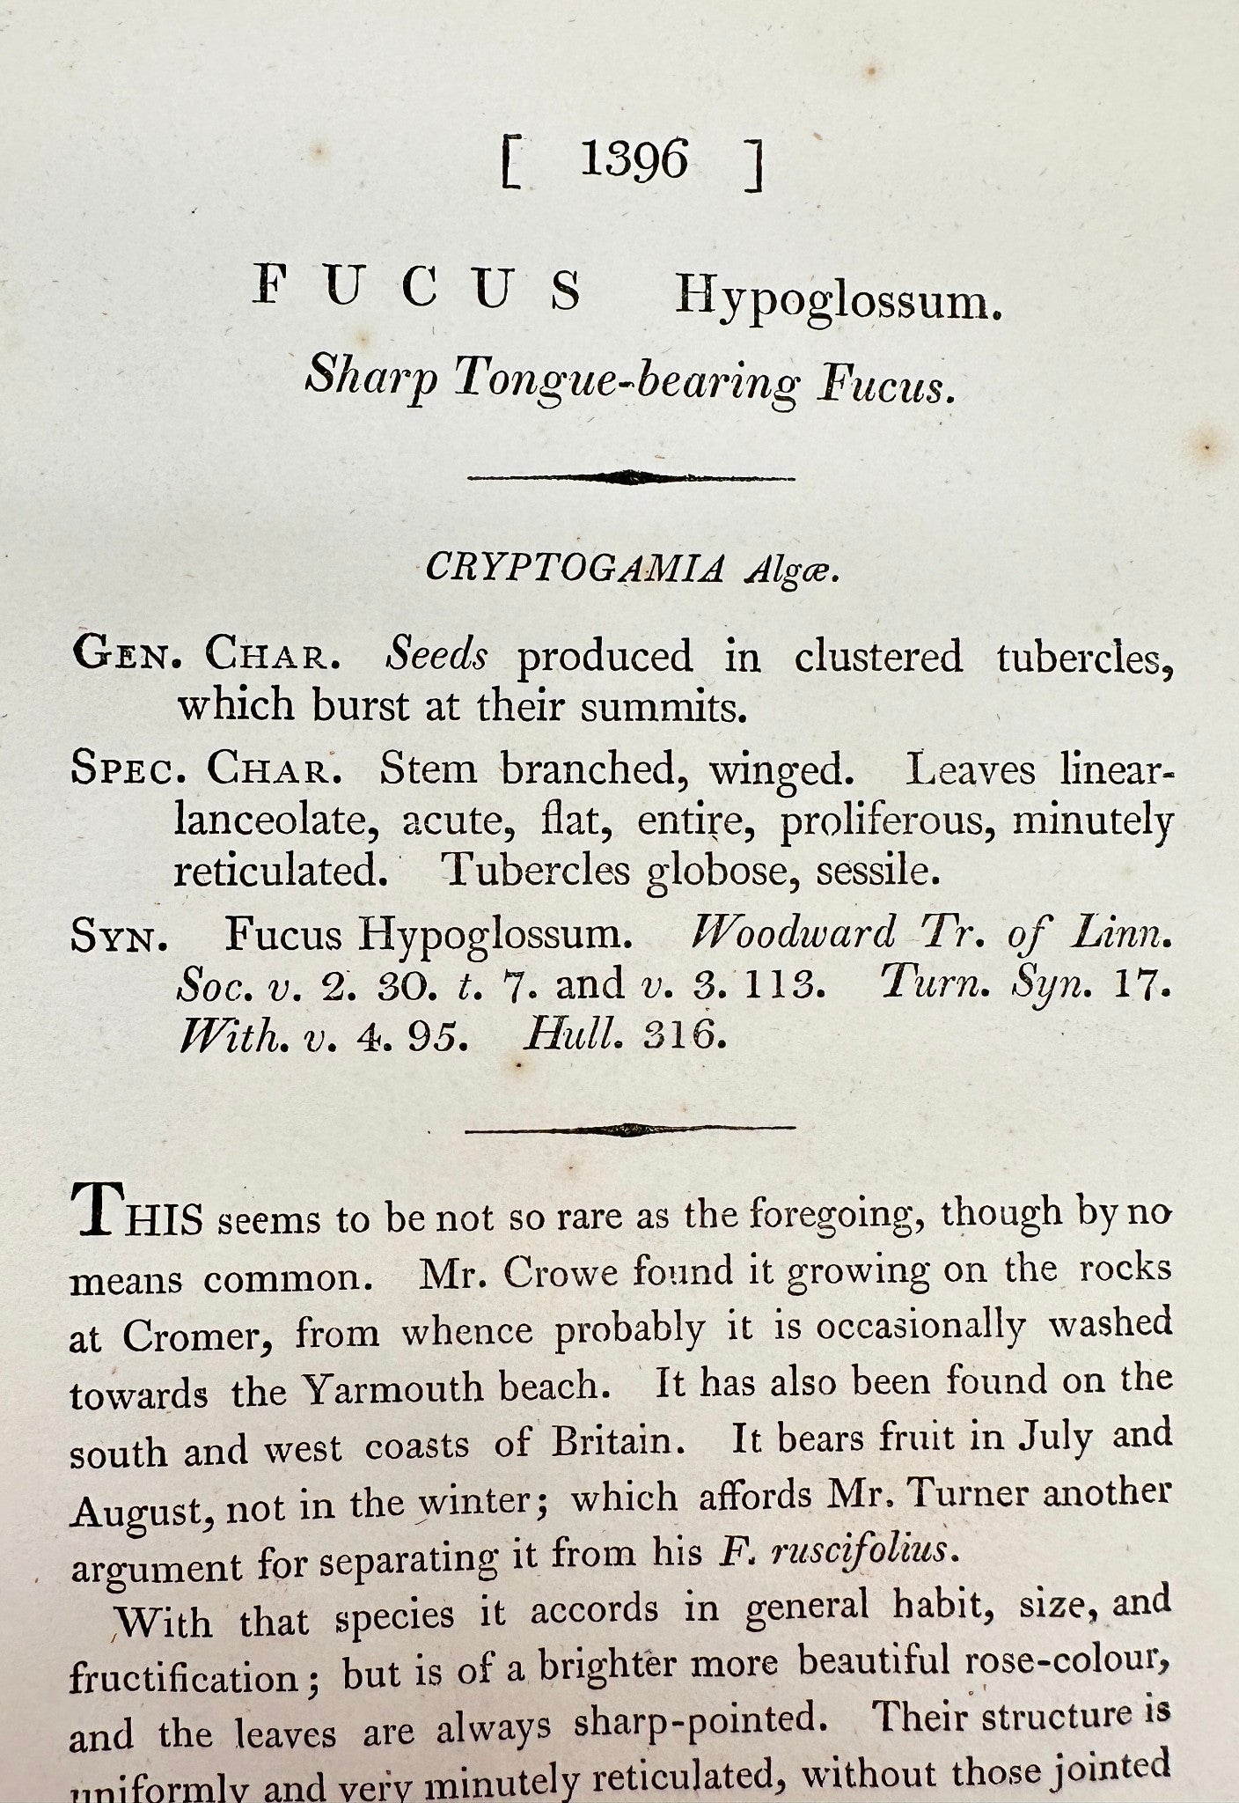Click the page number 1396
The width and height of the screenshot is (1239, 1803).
[634, 162]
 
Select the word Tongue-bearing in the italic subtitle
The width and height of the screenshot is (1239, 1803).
[627, 381]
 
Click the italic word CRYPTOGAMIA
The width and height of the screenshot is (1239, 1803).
[576, 570]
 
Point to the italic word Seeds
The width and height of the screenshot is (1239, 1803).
[436, 656]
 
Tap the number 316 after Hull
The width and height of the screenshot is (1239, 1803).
[685, 1036]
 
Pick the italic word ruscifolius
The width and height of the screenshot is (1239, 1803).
[862, 1551]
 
